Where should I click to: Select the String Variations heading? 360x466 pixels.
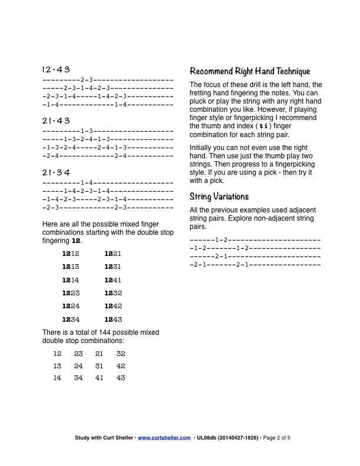219,197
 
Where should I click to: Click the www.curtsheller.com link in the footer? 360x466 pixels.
164,438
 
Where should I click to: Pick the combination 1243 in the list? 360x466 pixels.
113,319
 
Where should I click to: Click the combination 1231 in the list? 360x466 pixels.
113,267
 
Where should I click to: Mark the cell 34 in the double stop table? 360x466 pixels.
78,378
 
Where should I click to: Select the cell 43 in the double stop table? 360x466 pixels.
121,378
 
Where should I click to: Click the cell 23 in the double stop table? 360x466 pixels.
78,354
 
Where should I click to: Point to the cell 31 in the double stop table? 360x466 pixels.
99,366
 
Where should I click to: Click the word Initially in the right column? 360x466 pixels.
202,148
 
